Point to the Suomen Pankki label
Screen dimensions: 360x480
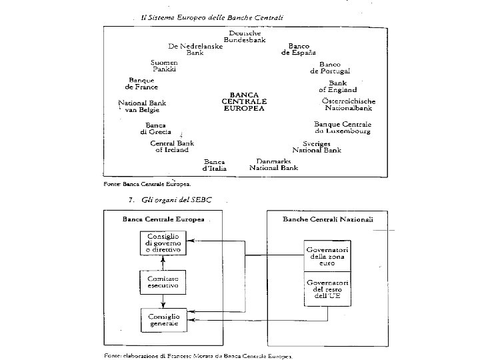pyautogui.click(x=164, y=65)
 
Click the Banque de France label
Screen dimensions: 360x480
pyautogui.click(x=141, y=84)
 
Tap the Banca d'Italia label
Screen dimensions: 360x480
pyautogui.click(x=215, y=165)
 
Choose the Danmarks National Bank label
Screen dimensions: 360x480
pyautogui.click(x=273, y=165)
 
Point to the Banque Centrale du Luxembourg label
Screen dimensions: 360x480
pyautogui.click(x=343, y=128)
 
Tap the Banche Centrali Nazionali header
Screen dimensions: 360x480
pyautogui.click(x=329, y=219)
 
